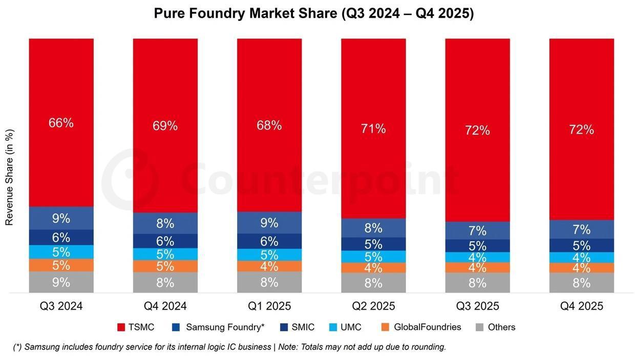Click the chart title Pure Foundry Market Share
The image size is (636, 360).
pyautogui.click(x=313, y=13)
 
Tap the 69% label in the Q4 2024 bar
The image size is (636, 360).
pyautogui.click(x=165, y=125)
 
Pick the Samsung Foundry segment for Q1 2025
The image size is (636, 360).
pyautogui.click(x=269, y=223)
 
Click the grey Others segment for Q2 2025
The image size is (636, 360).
pyautogui.click(x=373, y=283)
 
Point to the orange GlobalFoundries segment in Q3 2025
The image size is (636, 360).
pyautogui.click(x=477, y=267)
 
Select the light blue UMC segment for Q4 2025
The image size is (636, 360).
pyautogui.click(x=581, y=257)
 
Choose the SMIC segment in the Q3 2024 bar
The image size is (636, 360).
pyautogui.click(x=61, y=237)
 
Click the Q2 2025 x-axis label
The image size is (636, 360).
pyautogui.click(x=373, y=306)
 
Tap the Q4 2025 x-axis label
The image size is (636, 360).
pyautogui.click(x=581, y=306)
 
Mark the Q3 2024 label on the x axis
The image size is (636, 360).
pyautogui.click(x=61, y=306)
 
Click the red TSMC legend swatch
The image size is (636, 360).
pyautogui.click(x=121, y=327)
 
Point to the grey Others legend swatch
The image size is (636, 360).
pyautogui.click(x=479, y=327)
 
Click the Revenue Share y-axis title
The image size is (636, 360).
pyautogui.click(x=9, y=177)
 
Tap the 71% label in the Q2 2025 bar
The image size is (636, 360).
pyautogui.click(x=373, y=129)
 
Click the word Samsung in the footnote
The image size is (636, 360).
pyautogui.click(x=41, y=347)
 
